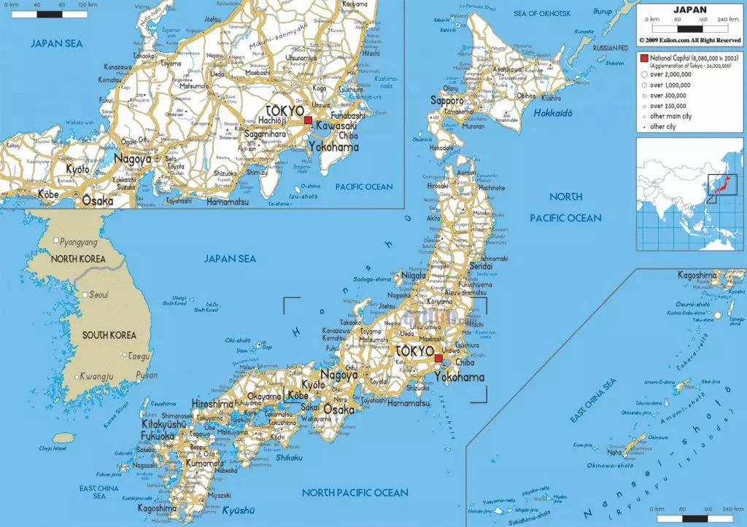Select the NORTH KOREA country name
78,259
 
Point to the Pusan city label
147,375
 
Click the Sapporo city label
446,100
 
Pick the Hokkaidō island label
552,113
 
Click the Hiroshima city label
212,404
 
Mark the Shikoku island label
290,457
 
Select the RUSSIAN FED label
610,47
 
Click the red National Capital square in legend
643,58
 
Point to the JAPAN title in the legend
689,9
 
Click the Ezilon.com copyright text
689,40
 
